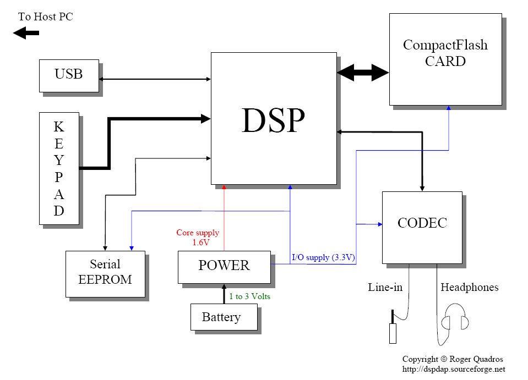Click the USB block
[x=69, y=75]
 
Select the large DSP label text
[x=273, y=119]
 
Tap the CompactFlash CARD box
[x=445, y=59]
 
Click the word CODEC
[x=422, y=223]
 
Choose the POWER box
[x=224, y=266]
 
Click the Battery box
[x=221, y=317]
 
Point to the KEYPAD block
[x=59, y=168]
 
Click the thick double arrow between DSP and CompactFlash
[x=363, y=72]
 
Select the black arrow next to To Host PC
[x=26, y=34]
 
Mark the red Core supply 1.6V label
[x=197, y=237]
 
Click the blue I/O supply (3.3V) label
[x=323, y=257]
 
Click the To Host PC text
[x=45, y=16]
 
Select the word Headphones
[x=469, y=287]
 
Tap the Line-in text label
[x=385, y=287]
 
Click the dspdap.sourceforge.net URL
[x=454, y=369]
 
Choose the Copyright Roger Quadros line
[x=453, y=359]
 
